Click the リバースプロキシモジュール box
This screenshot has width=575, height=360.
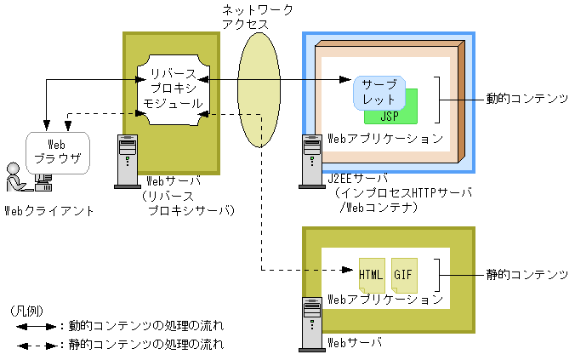[x=172, y=89]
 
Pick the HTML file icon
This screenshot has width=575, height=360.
[x=372, y=275]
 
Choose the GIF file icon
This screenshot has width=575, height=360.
[x=403, y=275]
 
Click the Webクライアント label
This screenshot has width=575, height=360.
[x=49, y=209]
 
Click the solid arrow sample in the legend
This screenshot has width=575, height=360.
[x=33, y=326]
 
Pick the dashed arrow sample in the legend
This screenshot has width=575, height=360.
[x=33, y=345]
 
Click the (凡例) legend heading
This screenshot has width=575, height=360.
[x=32, y=309]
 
